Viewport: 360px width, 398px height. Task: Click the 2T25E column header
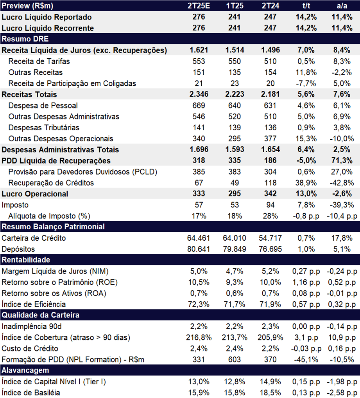[x=199, y=5]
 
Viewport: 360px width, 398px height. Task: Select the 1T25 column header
[x=235, y=5]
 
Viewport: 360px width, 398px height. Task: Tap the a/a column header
[x=342, y=5]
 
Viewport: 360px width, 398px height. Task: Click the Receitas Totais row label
[x=29, y=94]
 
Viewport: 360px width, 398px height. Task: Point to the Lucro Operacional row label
[x=35, y=194]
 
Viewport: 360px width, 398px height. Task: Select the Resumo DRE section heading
[x=25, y=39]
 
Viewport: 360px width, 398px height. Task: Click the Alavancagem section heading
[x=25, y=370]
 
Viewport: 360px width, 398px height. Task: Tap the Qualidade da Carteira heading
[x=41, y=315]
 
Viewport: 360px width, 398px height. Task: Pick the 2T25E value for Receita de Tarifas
[x=199, y=61]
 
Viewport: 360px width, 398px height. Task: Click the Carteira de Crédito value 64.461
[x=199, y=238]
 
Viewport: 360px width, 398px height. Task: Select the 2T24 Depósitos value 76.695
[x=270, y=249]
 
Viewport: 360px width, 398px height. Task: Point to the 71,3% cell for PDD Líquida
[x=342, y=160]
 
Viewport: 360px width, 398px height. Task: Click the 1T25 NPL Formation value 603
[x=235, y=359]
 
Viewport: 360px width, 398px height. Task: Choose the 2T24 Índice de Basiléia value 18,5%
[x=270, y=393]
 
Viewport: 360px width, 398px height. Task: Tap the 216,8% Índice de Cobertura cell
[x=199, y=337]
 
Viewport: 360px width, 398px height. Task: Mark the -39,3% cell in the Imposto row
[x=342, y=205]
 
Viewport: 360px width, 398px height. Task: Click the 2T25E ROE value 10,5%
[x=199, y=282]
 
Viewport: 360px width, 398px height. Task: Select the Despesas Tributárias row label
[x=44, y=128]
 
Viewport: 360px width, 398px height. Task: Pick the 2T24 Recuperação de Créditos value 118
[x=270, y=183]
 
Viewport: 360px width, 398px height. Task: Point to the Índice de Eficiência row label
[x=34, y=304]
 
